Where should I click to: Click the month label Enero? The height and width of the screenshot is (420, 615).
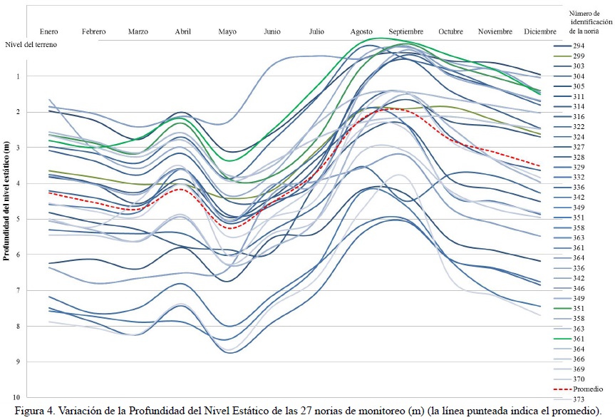coord(49,31)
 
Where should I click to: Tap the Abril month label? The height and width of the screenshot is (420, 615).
coord(183,31)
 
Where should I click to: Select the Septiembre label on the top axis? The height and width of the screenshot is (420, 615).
coord(406,31)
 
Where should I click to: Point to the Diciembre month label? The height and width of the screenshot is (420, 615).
coord(540,31)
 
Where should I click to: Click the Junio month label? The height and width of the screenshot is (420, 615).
coord(272,31)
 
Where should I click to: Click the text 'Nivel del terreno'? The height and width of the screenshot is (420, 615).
coord(31,44)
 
